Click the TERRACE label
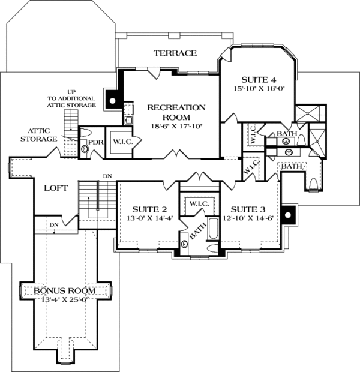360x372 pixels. coord(175,53)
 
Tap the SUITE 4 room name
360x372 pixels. coord(259,79)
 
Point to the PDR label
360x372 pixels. coord(96,143)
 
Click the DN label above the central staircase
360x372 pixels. coord(107,176)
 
